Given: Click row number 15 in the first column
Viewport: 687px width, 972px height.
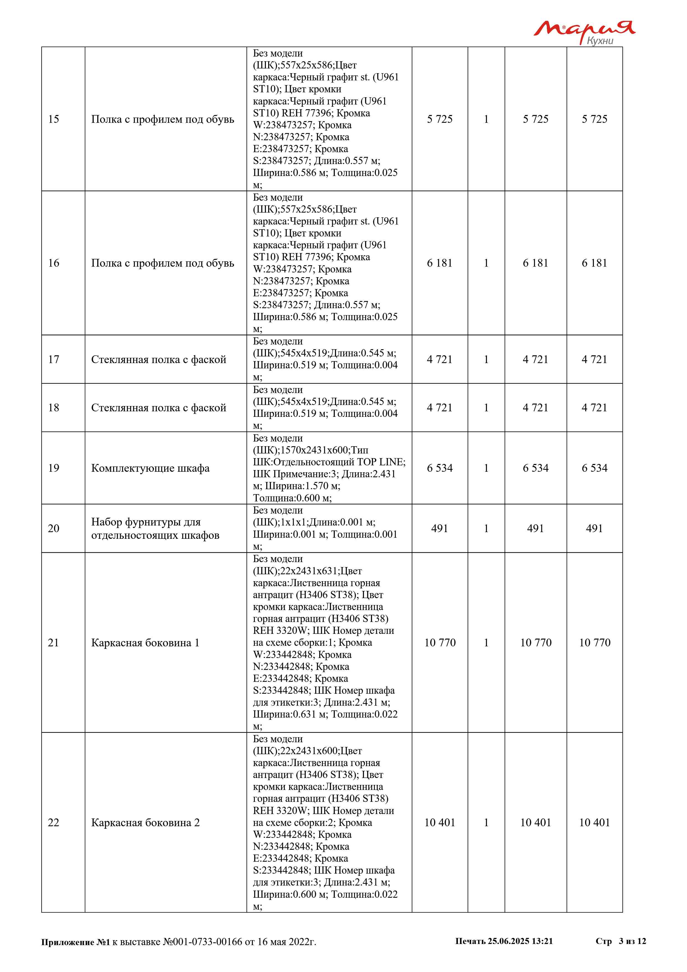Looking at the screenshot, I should [x=54, y=119].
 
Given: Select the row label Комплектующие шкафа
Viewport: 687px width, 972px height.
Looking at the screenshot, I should [x=150, y=468].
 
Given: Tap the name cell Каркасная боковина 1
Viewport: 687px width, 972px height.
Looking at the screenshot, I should [x=145, y=643].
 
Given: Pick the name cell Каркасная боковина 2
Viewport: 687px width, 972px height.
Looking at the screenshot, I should [x=145, y=823].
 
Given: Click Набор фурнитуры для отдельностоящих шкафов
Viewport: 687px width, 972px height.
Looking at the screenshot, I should [x=155, y=528].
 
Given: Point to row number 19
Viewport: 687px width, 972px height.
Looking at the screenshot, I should [x=54, y=468].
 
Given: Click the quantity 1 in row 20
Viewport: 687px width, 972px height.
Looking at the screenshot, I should [x=486, y=528].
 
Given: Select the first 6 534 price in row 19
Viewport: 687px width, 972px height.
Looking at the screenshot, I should [x=440, y=468].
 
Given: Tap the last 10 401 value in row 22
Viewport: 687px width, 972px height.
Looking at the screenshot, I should [x=594, y=823].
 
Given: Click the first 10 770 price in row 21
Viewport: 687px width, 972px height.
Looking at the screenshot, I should [x=440, y=643].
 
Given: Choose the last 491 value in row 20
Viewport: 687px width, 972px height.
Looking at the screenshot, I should [x=594, y=528].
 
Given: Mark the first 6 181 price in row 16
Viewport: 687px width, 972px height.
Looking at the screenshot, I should [x=440, y=263].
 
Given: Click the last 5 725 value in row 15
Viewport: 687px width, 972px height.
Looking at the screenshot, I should [x=594, y=119].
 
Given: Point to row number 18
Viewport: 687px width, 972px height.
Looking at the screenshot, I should [x=54, y=408].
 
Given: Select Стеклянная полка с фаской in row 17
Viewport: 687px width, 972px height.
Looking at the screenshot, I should [x=159, y=359].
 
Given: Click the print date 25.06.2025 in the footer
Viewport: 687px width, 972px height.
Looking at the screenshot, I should [x=508, y=941].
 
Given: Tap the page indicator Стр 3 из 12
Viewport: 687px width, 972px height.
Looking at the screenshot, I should [x=621, y=941].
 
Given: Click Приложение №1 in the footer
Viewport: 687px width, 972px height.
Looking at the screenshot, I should [x=75, y=942].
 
